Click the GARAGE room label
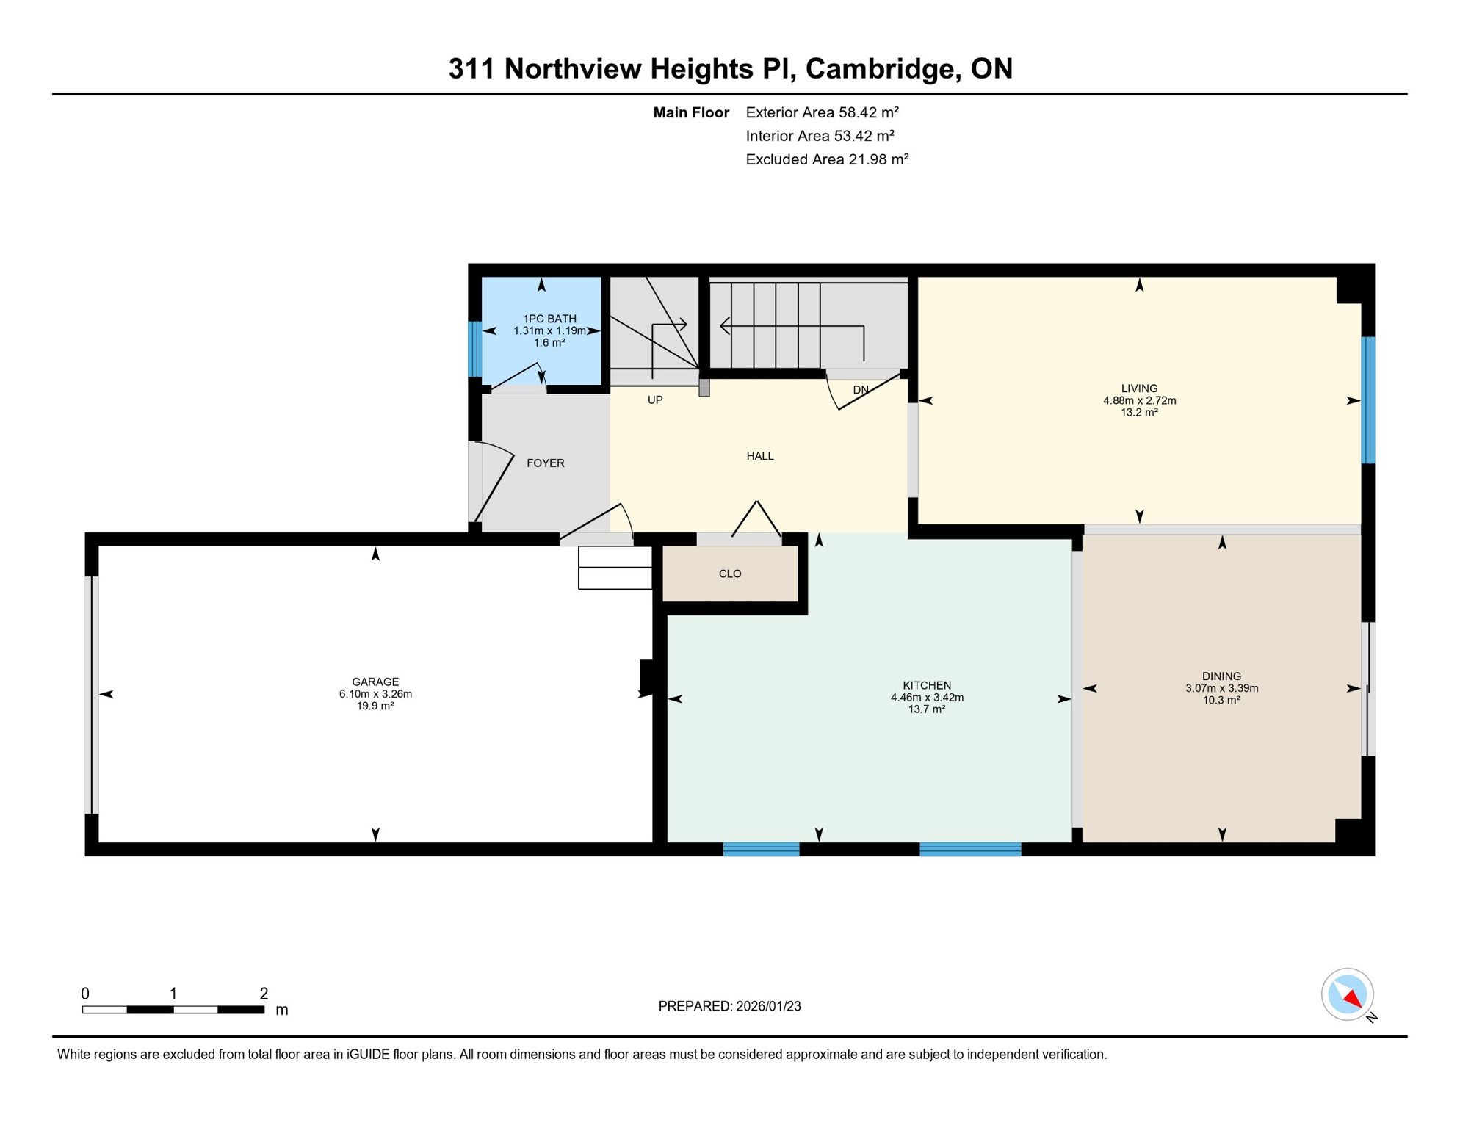tap(375, 681)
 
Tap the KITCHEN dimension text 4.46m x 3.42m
tap(927, 698)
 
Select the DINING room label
tap(1221, 676)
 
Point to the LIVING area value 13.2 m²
tap(1139, 413)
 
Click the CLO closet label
tap(730, 574)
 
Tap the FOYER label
tap(546, 463)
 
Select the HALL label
tap(760, 456)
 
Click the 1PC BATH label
tap(549, 319)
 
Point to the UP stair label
tap(655, 399)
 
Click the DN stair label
tap(861, 390)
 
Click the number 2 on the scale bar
tap(264, 994)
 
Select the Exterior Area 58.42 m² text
tap(822, 112)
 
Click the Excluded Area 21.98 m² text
tap(827, 159)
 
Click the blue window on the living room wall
tap(1367, 400)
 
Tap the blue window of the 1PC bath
tap(475, 350)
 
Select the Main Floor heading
tap(691, 112)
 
